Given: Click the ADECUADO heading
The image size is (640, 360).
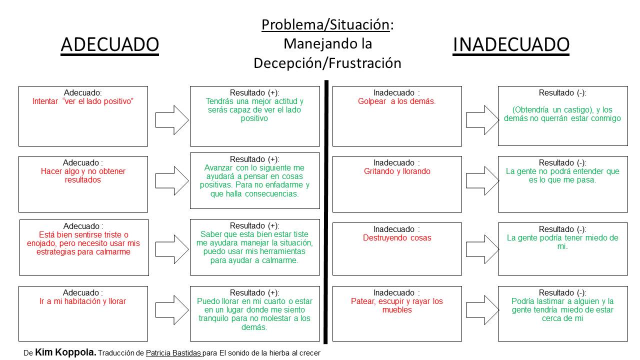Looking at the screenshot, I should [x=109, y=44].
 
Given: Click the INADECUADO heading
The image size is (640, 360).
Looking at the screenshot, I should [x=510, y=44].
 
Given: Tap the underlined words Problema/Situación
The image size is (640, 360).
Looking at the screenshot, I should [x=325, y=24].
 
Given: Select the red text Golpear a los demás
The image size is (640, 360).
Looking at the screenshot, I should [x=397, y=101].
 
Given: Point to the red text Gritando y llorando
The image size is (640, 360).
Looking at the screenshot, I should [x=397, y=171].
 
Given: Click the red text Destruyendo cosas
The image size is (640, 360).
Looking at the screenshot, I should [x=397, y=238].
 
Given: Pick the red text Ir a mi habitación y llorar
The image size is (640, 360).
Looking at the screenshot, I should [x=83, y=301].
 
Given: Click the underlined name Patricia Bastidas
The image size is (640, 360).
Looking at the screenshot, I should [x=173, y=353].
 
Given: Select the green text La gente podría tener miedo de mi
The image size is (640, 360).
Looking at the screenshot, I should [x=562, y=242].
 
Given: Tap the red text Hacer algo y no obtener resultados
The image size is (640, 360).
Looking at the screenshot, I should [x=83, y=175].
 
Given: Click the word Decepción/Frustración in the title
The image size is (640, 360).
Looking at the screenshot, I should [x=327, y=63].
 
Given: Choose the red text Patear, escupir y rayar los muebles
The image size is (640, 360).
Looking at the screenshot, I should [x=397, y=305].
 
